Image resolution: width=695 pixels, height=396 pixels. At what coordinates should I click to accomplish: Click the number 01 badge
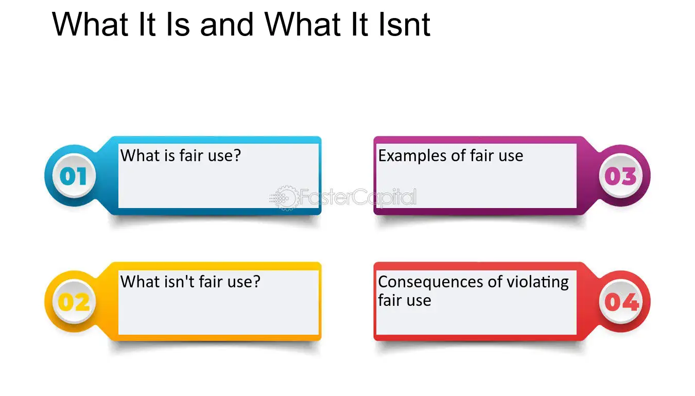[74, 176]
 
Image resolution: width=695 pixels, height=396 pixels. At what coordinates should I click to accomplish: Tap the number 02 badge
[74, 302]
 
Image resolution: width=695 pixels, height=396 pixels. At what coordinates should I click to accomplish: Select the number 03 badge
[620, 176]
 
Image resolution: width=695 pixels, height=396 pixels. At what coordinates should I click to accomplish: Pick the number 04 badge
[620, 302]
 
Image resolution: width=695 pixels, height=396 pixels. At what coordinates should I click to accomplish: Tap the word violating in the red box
[537, 282]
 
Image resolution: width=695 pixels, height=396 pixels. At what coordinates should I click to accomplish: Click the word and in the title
[227, 24]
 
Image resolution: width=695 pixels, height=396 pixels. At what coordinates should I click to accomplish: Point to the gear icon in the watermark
[284, 198]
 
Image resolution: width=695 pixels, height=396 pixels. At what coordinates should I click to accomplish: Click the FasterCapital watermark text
[358, 197]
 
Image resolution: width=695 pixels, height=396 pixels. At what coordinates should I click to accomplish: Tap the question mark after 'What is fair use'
[237, 155]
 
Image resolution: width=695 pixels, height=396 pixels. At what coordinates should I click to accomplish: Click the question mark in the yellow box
[256, 282]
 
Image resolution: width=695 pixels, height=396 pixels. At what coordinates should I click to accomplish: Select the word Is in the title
[178, 24]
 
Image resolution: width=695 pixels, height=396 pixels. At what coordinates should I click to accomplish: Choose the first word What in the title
[90, 24]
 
